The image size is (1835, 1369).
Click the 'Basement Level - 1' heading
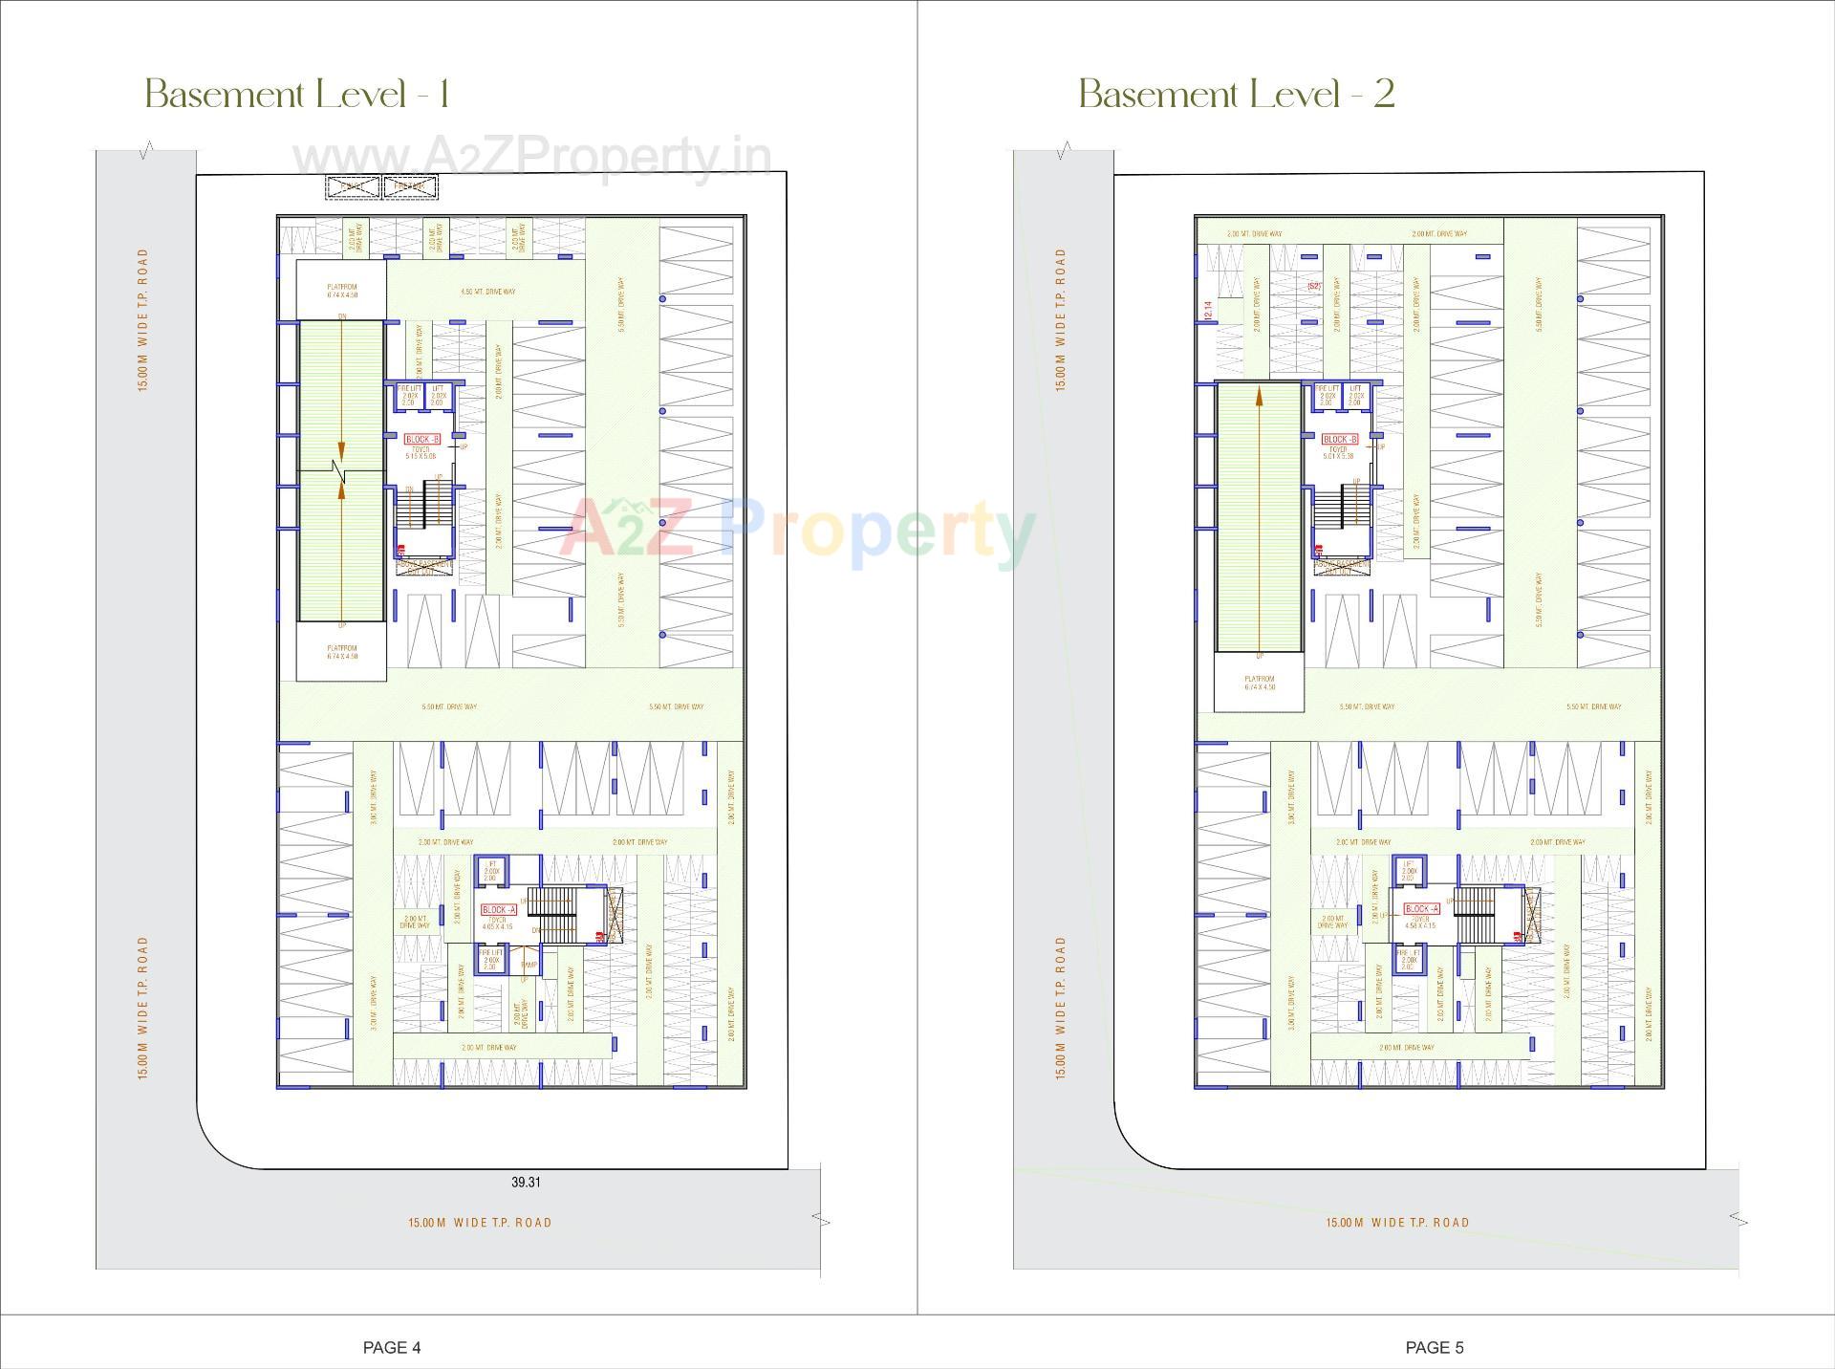296,95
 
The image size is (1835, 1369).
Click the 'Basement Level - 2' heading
1237,95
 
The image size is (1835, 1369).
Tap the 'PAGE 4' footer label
392,1347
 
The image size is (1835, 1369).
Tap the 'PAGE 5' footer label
1434,1347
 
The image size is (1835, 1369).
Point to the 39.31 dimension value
526,1182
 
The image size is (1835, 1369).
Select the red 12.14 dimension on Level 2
1208,310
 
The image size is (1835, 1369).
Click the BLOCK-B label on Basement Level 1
421,439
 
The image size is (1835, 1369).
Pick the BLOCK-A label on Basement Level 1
499,909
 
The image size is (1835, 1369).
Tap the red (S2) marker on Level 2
1313,285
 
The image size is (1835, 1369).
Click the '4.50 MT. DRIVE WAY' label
487,291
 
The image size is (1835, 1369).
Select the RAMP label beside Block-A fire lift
529,966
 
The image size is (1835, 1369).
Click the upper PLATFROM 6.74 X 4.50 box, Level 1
341,290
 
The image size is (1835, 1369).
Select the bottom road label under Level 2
1396,1222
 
